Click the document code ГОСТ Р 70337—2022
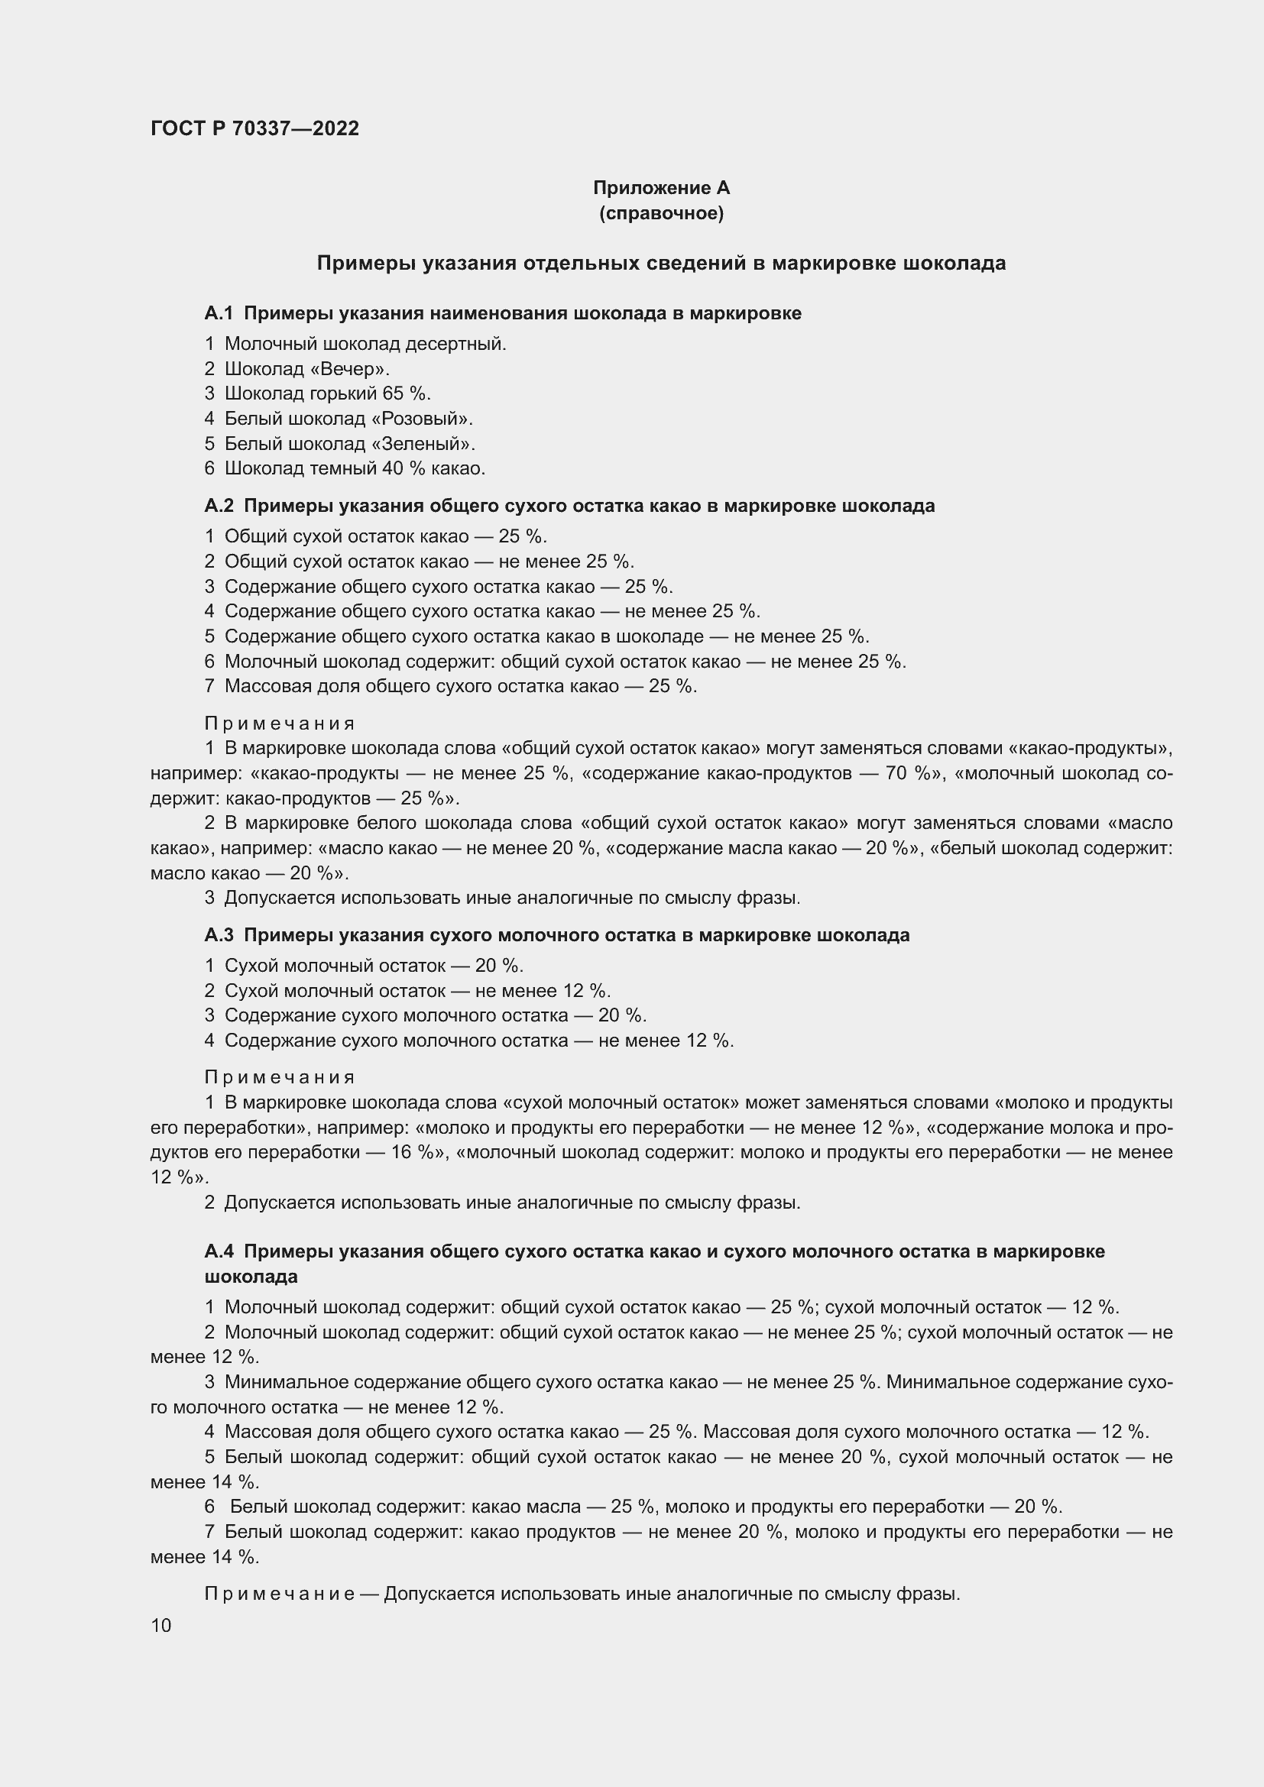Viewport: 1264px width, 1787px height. point(254,128)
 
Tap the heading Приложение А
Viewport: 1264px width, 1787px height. point(661,188)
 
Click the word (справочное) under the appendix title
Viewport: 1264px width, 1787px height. point(661,213)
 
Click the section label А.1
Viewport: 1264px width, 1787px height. point(219,313)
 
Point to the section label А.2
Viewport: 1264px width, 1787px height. point(219,506)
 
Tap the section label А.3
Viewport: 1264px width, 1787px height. point(219,934)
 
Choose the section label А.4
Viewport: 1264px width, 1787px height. point(219,1251)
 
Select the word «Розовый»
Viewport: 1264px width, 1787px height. point(421,419)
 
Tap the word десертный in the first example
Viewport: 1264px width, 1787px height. point(465,344)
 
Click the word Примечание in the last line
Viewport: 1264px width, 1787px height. point(279,1594)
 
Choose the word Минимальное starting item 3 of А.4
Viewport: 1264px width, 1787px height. point(287,1382)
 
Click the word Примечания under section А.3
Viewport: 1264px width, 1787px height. point(280,1077)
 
